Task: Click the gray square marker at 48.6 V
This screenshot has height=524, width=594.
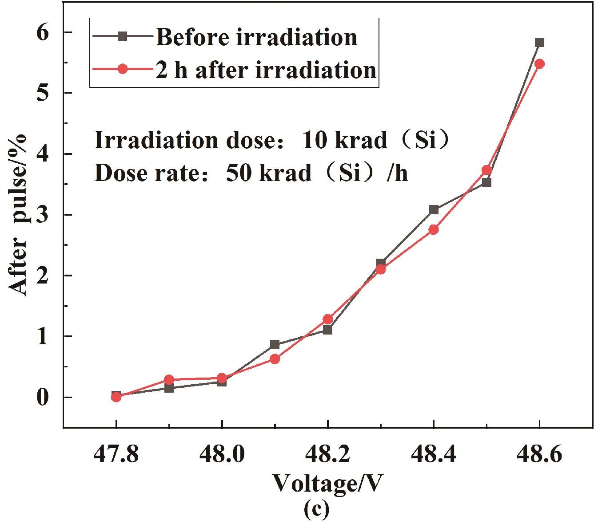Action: click(539, 43)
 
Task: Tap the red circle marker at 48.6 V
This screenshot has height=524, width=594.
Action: click(539, 63)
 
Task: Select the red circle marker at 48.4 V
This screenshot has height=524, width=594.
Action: click(434, 229)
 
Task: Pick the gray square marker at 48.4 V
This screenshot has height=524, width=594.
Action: click(434, 210)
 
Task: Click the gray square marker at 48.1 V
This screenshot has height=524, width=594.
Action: click(275, 344)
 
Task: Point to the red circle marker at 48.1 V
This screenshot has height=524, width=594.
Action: click(275, 359)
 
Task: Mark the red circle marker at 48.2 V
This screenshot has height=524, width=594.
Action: click(328, 319)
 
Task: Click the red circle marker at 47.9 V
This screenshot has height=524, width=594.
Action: click(169, 380)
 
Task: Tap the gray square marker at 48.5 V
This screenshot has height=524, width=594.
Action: click(486, 182)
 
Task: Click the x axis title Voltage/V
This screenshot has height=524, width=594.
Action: click(327, 484)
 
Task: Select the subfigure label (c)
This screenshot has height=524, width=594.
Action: click(317, 510)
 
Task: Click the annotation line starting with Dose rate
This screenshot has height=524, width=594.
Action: click(251, 173)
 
